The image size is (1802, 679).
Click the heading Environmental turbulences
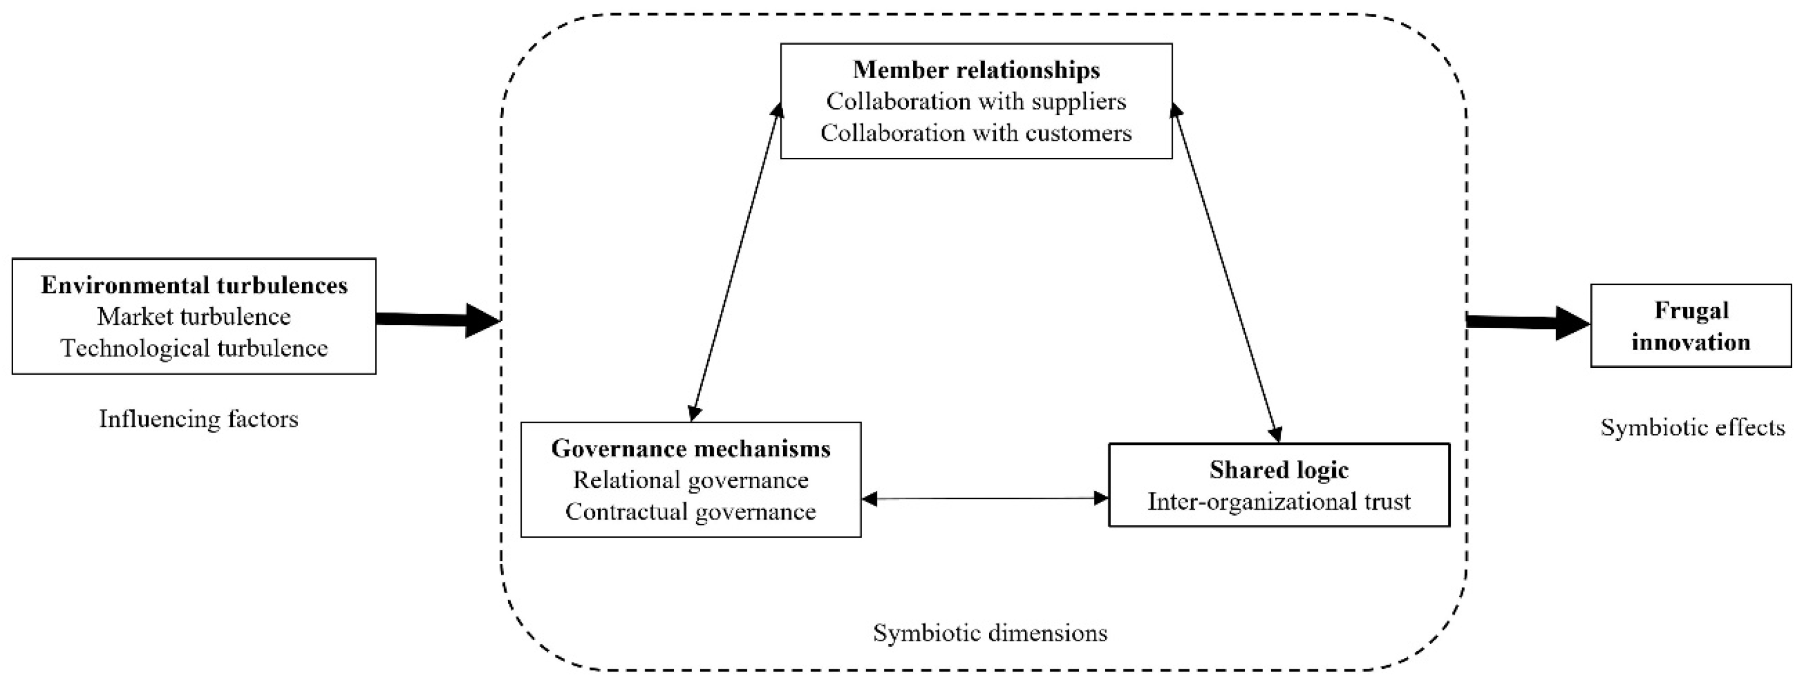tap(194, 285)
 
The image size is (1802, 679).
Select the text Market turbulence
tap(194, 317)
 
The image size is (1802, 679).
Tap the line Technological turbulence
tap(194, 348)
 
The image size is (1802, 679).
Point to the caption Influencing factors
tap(199, 419)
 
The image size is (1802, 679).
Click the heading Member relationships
tap(976, 70)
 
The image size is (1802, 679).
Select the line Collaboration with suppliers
tap(976, 101)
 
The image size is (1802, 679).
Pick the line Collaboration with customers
tap(976, 133)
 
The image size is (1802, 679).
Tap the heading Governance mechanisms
tap(690, 448)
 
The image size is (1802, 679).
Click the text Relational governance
tap(690, 481)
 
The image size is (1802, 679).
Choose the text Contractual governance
tap(690, 512)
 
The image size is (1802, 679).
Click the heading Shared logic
tap(1279, 470)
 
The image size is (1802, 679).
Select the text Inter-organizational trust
tap(1279, 501)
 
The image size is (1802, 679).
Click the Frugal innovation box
tap(1691, 326)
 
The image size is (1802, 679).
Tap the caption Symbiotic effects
tap(1693, 427)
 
